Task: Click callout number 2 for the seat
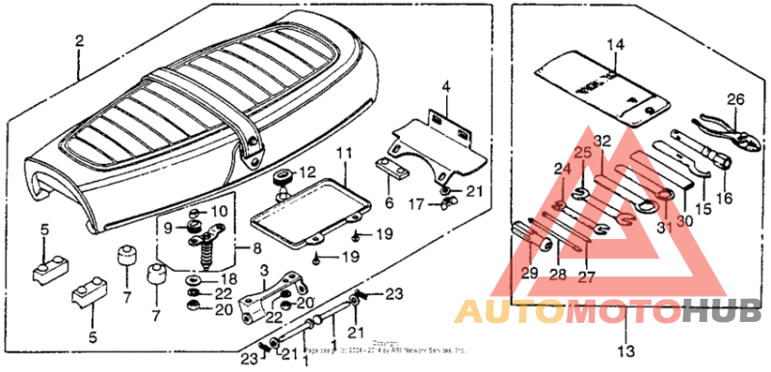79,41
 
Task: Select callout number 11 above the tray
342,154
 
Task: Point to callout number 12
307,173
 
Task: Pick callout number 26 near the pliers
735,99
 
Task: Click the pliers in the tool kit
716,136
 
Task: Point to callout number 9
168,227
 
